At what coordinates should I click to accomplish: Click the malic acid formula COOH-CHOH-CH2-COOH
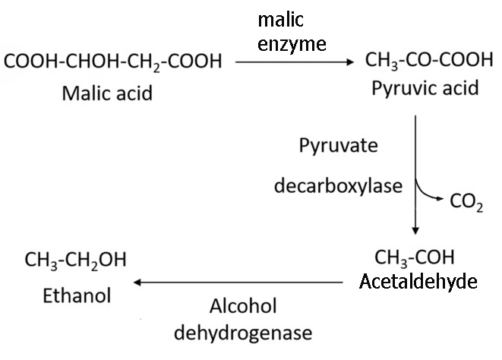[x=112, y=62]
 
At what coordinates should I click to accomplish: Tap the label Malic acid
[x=107, y=93]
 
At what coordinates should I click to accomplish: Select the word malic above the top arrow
[x=280, y=20]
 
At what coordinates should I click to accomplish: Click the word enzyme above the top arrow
[x=292, y=45]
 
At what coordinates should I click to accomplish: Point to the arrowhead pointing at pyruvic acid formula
[x=351, y=62]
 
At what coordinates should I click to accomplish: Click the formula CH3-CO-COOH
[x=429, y=60]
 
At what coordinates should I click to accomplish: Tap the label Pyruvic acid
[x=425, y=88]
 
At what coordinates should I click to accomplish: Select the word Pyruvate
[x=339, y=146]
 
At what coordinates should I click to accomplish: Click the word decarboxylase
[x=338, y=186]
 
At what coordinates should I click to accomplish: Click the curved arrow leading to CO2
[x=426, y=194]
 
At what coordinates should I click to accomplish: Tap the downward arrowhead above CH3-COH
[x=415, y=231]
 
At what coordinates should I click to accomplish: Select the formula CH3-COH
[x=414, y=257]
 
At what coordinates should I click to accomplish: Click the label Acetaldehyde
[x=418, y=282]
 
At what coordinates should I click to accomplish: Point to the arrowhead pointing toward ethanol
[x=137, y=283]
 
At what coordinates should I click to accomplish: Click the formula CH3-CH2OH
[x=75, y=260]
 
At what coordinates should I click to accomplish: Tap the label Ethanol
[x=77, y=295]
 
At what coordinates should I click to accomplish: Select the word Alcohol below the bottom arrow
[x=243, y=306]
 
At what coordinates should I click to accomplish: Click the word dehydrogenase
[x=243, y=333]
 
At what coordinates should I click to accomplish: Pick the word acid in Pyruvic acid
[x=459, y=88]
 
